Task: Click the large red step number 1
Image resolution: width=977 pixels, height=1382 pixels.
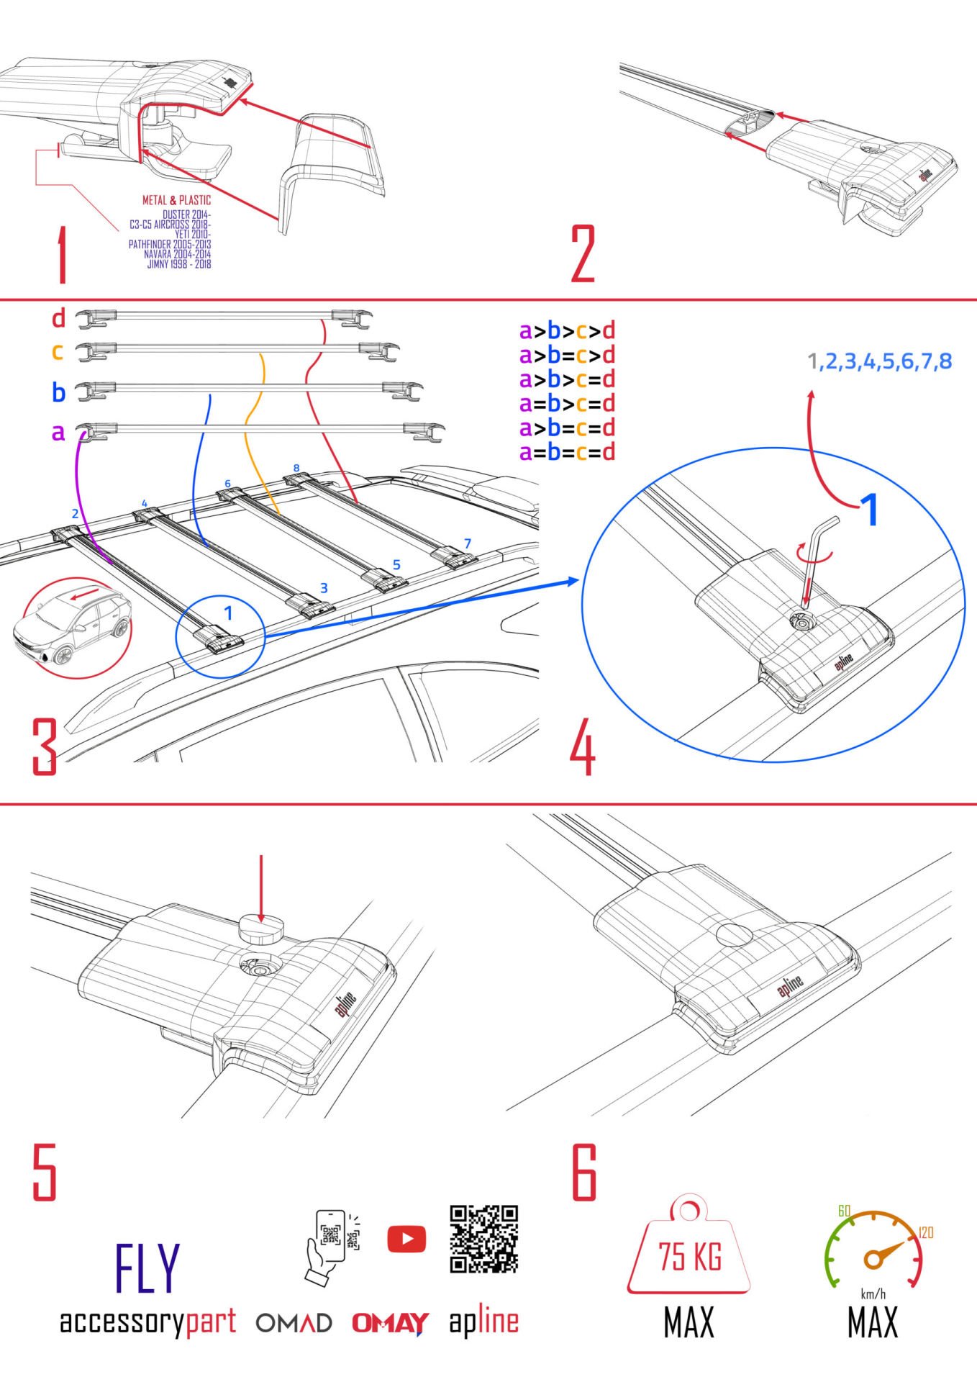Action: point(63,256)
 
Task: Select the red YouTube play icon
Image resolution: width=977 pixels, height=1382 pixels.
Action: point(406,1239)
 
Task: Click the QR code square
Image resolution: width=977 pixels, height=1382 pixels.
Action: point(484,1239)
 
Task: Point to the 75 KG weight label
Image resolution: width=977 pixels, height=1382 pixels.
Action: point(690,1257)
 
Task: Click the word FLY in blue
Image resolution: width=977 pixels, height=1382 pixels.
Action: point(147,1268)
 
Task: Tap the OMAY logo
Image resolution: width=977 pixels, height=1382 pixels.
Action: point(390,1323)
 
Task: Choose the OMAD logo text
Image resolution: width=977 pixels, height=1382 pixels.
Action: point(294,1323)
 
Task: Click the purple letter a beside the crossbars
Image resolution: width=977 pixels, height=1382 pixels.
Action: point(58,433)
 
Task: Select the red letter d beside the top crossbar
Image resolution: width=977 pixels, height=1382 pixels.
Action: point(58,317)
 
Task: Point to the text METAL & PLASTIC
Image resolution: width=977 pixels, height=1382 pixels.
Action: point(176,200)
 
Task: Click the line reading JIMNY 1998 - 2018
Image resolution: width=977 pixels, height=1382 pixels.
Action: point(179,264)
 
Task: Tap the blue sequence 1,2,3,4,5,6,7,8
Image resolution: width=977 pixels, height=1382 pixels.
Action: point(879,361)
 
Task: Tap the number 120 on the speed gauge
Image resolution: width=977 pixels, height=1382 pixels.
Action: point(926,1233)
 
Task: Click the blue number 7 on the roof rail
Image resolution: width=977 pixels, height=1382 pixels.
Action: point(468,543)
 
